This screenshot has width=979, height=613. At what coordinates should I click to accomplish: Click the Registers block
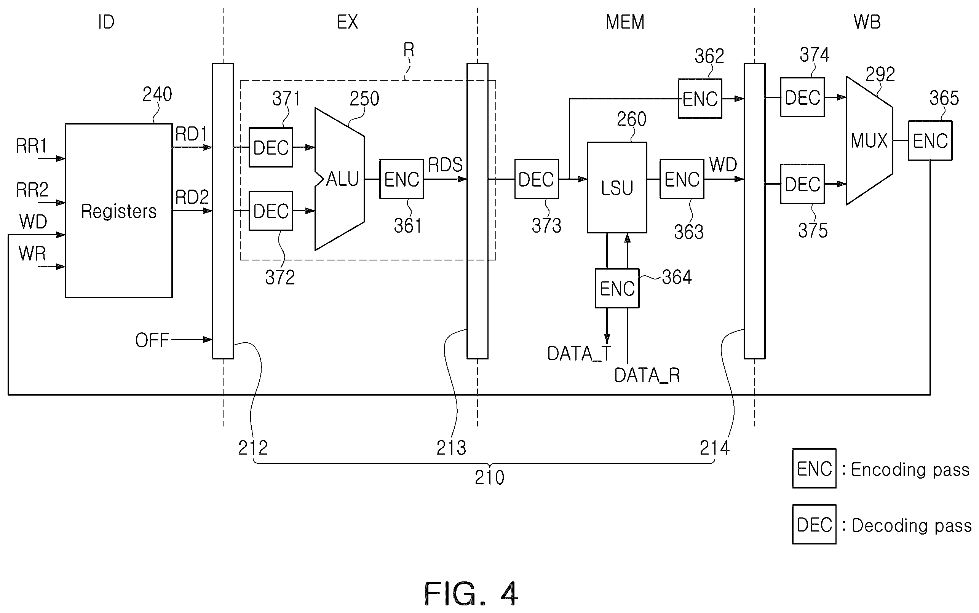point(119,211)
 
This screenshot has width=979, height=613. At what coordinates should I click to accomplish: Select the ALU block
point(340,179)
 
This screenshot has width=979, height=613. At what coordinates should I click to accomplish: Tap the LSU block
point(617,187)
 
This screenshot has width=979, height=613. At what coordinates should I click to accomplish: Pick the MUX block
point(870,140)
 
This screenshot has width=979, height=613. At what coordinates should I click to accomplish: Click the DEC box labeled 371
point(271,147)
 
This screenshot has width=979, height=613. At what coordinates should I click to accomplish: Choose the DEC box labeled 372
point(271,211)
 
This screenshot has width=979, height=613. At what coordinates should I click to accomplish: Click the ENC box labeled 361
point(401,179)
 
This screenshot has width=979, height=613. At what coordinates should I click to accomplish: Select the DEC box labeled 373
point(536,179)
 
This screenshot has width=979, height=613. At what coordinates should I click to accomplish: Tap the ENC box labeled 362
point(700,99)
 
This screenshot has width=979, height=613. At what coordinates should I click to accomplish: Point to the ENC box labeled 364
point(617,288)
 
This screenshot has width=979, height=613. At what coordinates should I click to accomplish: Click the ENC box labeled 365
point(930,140)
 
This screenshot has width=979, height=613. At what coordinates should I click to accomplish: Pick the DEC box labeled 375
point(802,184)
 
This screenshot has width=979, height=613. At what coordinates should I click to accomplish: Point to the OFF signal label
point(152,340)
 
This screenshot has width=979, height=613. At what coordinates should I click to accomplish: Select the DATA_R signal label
point(647,375)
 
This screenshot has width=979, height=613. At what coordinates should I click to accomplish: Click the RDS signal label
point(445,164)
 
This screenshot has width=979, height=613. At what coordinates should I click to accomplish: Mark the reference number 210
point(489,477)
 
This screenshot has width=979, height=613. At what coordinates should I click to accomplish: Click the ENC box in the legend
point(814,468)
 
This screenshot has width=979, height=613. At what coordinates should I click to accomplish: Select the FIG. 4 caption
point(471,594)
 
